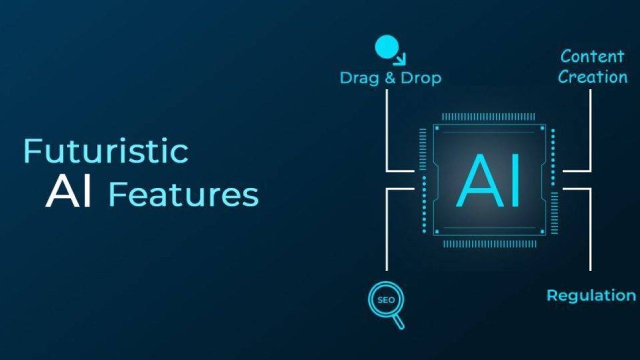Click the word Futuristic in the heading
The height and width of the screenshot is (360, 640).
click(x=105, y=151)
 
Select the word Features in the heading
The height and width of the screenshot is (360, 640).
click(x=183, y=195)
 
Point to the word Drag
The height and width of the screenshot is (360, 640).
click(x=359, y=78)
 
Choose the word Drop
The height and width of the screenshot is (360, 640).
click(x=421, y=78)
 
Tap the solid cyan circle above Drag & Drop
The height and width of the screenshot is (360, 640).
click(x=387, y=47)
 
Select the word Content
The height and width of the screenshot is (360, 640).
click(x=592, y=56)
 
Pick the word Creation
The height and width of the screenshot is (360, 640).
click(x=592, y=77)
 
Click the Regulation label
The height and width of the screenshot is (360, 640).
click(x=591, y=295)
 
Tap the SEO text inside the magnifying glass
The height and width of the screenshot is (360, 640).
click(x=386, y=300)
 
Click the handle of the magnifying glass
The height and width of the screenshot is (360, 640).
click(x=398, y=321)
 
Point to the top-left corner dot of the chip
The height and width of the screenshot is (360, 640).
click(x=436, y=128)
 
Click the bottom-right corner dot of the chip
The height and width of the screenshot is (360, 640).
click(x=542, y=231)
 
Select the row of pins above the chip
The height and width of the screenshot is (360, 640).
click(x=488, y=117)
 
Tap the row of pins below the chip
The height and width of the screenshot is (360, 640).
click(x=489, y=244)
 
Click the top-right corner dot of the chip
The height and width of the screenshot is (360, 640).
click(x=542, y=128)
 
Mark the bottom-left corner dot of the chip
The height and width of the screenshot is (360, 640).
click(x=436, y=231)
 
